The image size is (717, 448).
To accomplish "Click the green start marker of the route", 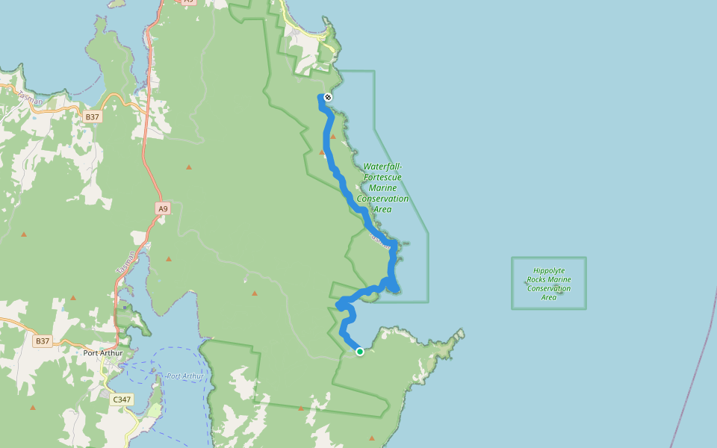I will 359,351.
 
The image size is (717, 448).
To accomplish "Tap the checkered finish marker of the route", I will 327,97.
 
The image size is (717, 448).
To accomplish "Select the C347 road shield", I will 122,399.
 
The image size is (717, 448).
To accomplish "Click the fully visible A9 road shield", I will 163,209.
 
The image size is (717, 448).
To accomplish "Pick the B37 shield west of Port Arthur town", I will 43,340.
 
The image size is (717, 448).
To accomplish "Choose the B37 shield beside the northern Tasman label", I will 93,117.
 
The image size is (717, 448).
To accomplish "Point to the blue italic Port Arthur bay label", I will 184,376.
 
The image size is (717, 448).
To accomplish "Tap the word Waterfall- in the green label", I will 383,167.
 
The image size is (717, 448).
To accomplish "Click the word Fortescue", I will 382,177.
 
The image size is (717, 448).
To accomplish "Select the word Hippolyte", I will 549,270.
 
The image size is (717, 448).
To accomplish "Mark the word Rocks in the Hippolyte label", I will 538,279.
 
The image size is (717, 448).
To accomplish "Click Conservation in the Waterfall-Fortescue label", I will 382,199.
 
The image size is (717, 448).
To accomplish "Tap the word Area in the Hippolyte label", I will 549,297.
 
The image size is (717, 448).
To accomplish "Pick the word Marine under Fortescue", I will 382,188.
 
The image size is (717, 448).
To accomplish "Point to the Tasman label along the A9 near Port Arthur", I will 125,261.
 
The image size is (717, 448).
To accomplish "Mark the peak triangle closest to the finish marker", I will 333,136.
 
